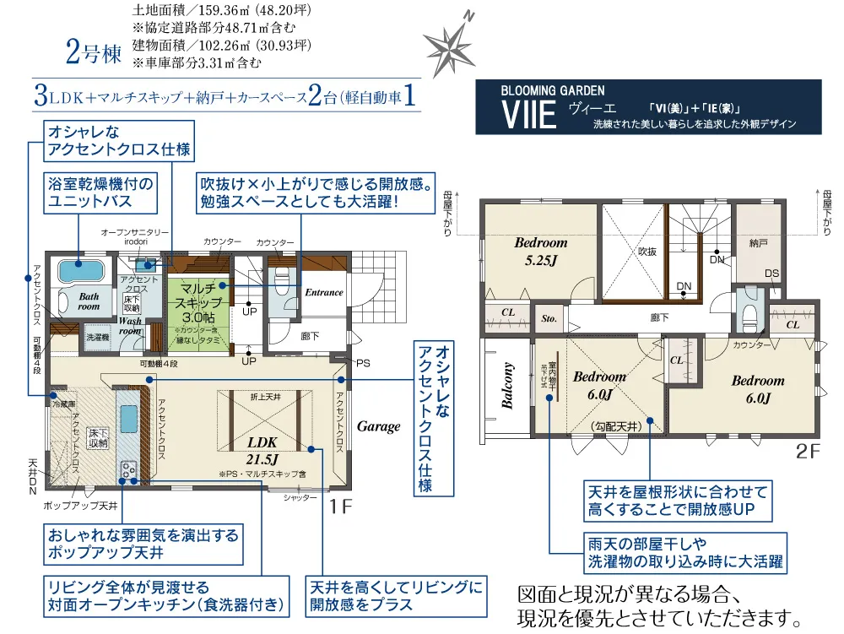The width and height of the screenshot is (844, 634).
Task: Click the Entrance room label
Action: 324,293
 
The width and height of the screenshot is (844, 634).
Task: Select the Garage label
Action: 378,426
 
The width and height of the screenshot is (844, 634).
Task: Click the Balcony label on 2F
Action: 508,385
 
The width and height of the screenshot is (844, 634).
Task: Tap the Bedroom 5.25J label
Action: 541,252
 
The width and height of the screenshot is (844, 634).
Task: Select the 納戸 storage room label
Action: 759,243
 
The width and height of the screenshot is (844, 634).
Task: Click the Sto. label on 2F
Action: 549,320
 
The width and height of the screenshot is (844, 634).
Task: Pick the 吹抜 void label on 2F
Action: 647,251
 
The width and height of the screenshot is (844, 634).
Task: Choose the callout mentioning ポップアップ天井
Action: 143,545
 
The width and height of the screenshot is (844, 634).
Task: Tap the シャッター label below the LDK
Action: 300,498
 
